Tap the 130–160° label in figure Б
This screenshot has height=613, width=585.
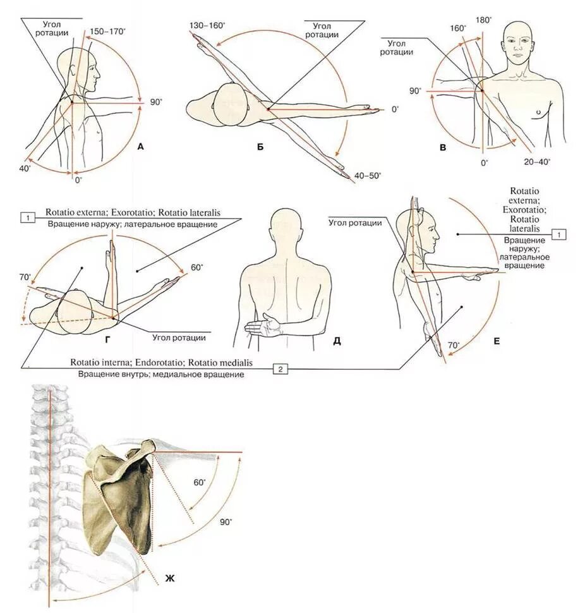(206, 26)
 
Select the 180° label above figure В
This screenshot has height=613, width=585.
(483, 19)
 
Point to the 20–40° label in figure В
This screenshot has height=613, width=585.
(537, 162)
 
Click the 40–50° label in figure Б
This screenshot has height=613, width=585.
(367, 176)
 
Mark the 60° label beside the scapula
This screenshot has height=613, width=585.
(200, 482)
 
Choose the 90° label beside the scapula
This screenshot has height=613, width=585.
(226, 522)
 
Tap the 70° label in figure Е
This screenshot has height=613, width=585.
(454, 346)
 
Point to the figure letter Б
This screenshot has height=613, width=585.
(260, 148)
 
